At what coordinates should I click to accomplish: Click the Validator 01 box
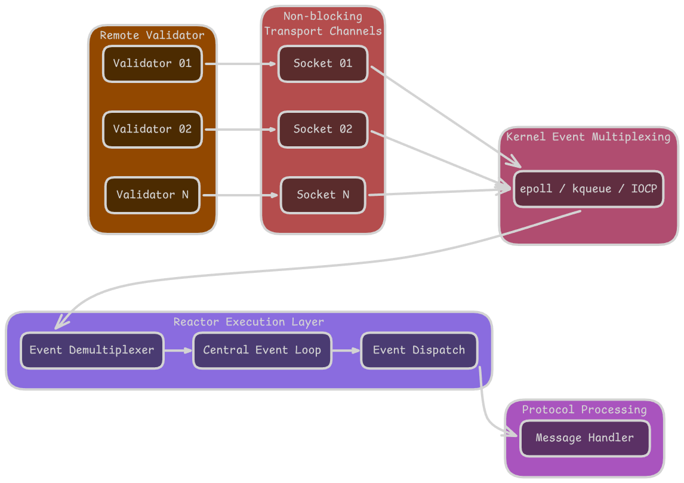click(152, 64)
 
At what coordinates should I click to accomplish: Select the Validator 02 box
click(152, 130)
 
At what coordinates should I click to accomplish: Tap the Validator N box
click(152, 195)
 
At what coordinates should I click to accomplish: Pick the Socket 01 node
click(323, 64)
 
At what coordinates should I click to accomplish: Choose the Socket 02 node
click(323, 130)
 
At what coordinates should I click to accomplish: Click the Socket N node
click(323, 195)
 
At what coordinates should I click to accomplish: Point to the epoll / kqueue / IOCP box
click(589, 189)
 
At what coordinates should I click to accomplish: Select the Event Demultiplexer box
click(92, 350)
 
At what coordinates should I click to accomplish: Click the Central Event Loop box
click(262, 350)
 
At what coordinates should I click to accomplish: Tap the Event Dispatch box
click(419, 350)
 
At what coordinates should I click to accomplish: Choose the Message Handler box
click(585, 438)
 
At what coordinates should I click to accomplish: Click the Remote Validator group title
click(152, 35)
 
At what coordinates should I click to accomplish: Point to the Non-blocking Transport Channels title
click(323, 24)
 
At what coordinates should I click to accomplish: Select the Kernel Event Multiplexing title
click(589, 137)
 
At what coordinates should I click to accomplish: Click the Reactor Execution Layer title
click(249, 322)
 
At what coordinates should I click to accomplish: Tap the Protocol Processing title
click(584, 410)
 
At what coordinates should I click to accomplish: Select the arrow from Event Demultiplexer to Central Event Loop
click(178, 350)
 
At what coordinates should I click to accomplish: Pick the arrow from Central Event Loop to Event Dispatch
click(346, 350)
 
